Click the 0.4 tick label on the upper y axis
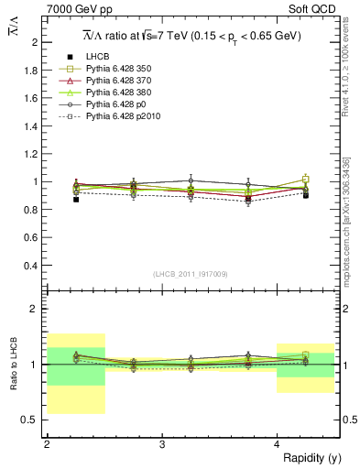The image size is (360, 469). coord(32,266)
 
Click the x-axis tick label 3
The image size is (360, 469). coord(161,444)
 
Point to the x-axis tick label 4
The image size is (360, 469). coord(277,444)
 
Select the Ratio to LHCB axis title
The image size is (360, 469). coord(13,364)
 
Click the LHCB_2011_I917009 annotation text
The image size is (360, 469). coord(191,273)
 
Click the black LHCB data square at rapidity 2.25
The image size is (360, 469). coord(76,199)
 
